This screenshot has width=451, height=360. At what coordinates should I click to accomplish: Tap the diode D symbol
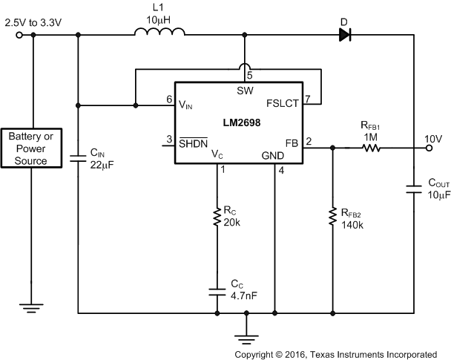coord(343,33)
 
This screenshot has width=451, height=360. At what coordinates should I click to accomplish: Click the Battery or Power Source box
coord(31,148)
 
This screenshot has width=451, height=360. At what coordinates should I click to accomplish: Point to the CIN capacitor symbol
coord(77,157)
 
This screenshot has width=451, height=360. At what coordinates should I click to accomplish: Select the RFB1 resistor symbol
coord(369,148)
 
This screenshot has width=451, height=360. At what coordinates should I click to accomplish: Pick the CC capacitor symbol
coord(218,290)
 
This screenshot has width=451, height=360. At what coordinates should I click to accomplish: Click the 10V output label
coord(433,138)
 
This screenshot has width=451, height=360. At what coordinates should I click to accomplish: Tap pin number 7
coord(308,99)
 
